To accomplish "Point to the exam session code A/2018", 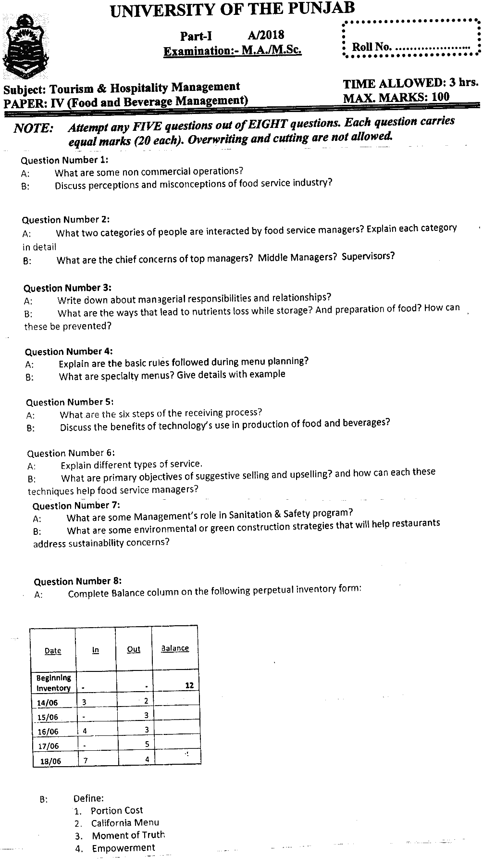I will [x=266, y=35].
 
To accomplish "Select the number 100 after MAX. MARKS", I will [x=440, y=97].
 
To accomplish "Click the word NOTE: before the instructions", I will [x=33, y=128].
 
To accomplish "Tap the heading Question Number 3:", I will [x=67, y=288].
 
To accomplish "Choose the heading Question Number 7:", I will [x=76, y=505].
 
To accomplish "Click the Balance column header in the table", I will [x=175, y=648].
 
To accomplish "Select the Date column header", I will [x=53, y=651].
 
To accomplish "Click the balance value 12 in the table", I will [x=189, y=685].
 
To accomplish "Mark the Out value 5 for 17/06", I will [x=147, y=744].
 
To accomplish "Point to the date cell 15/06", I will [x=48, y=717].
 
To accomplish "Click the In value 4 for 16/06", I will [x=85, y=731].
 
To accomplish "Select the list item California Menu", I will [x=125, y=822].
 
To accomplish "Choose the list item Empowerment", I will [x=124, y=848].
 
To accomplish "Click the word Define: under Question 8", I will [x=88, y=798].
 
